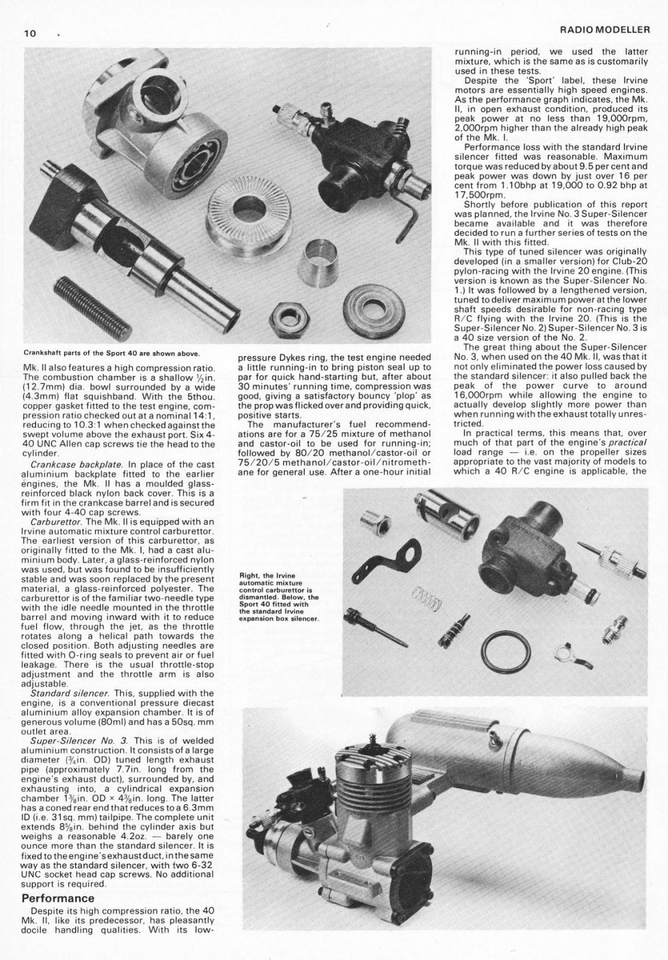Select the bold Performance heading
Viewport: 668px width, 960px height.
[58, 898]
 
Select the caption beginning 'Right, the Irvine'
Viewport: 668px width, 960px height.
[280, 596]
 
